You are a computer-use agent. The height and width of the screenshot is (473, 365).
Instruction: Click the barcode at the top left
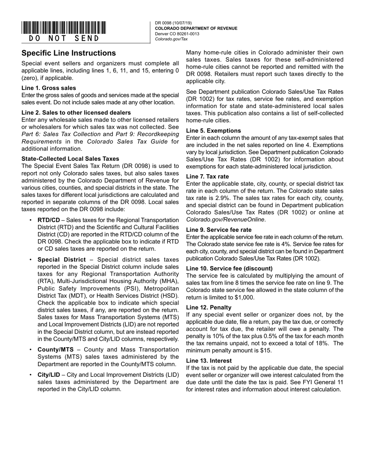pyautogui.click(x=64, y=28)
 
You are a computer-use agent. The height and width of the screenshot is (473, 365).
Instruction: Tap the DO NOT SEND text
pyautogui.click(x=64, y=38)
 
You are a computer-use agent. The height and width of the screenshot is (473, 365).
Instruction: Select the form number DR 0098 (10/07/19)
pyautogui.click(x=173, y=23)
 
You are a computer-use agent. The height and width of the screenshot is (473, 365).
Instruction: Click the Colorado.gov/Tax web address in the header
pyautogui.click(x=171, y=39)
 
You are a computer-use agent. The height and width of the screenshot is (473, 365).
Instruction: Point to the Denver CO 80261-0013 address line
pyautogui.click(x=177, y=34)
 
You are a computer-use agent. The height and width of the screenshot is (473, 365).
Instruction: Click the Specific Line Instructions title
pyautogui.click(x=68, y=53)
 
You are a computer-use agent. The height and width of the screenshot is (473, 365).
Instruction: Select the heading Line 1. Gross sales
pyautogui.click(x=49, y=88)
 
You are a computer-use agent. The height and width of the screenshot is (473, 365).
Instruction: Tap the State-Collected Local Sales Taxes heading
pyautogui.click(x=70, y=159)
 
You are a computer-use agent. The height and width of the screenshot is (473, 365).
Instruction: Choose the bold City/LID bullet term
pyautogui.click(x=49, y=375)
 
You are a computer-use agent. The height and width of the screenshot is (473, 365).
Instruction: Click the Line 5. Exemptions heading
pyautogui.click(x=213, y=131)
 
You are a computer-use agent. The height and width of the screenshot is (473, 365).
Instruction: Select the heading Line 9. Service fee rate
pyautogui.click(x=219, y=230)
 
